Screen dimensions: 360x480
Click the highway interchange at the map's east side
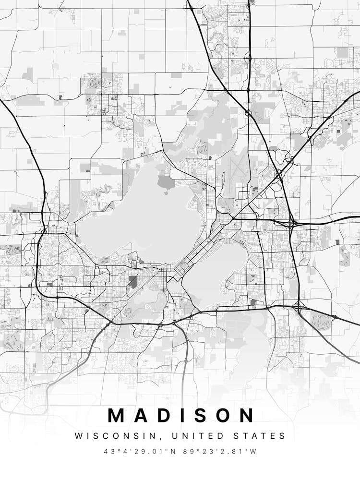click(x=291, y=224)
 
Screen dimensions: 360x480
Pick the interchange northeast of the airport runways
click(x=278, y=175)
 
